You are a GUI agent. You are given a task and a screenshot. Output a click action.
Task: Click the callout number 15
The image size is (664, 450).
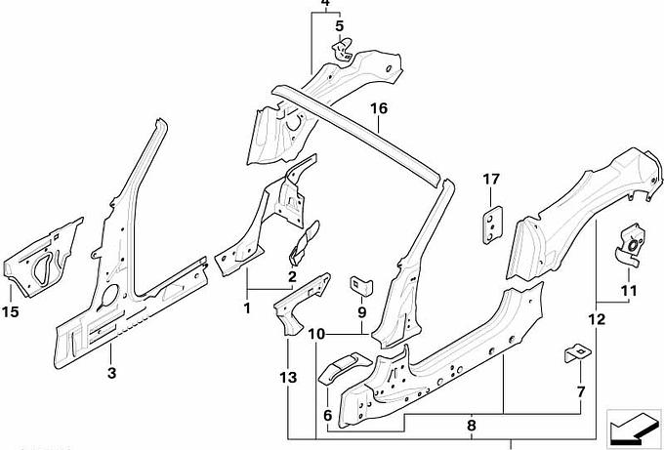11,311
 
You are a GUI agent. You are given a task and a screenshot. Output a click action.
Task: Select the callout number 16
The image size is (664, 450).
379,109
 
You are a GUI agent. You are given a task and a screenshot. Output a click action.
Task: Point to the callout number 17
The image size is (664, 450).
490,179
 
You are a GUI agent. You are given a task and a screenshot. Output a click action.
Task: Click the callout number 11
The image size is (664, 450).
627,290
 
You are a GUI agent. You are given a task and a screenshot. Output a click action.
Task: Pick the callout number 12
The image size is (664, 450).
597,319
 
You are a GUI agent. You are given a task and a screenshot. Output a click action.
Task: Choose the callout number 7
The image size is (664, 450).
580,391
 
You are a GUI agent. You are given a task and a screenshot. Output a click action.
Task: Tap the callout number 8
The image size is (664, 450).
471,425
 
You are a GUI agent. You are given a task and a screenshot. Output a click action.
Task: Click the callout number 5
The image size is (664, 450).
340,26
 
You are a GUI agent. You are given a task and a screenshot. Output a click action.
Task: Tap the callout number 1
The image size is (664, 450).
247,307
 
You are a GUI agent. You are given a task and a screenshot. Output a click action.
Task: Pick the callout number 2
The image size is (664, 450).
291,276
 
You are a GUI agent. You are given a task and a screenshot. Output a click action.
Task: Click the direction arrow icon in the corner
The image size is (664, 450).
629,427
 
